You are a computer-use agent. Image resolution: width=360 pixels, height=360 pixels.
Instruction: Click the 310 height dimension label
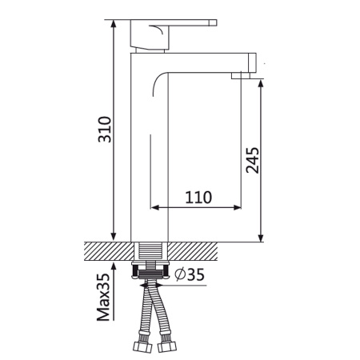coord(105,130)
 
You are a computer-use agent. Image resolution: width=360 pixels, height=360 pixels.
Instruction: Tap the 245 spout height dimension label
coord(252,160)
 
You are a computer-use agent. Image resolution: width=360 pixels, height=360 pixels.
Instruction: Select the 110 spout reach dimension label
coord(198,198)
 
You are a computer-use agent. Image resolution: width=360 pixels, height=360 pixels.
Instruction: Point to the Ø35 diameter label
coord(190,274)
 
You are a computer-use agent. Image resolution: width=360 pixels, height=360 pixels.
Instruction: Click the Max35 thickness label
coord(103,297)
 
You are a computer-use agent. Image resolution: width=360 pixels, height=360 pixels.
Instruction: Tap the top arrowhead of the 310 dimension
coord(114,24)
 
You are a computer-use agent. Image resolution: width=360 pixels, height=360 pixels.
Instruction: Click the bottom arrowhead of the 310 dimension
coord(114,237)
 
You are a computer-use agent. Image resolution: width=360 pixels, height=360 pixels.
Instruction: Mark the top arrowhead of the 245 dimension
coord(261,83)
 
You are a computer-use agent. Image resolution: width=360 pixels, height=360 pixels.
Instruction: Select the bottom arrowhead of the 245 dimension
coord(261,238)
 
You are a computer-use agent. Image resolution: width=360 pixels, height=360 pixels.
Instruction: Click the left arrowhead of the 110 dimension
coord(155,207)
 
